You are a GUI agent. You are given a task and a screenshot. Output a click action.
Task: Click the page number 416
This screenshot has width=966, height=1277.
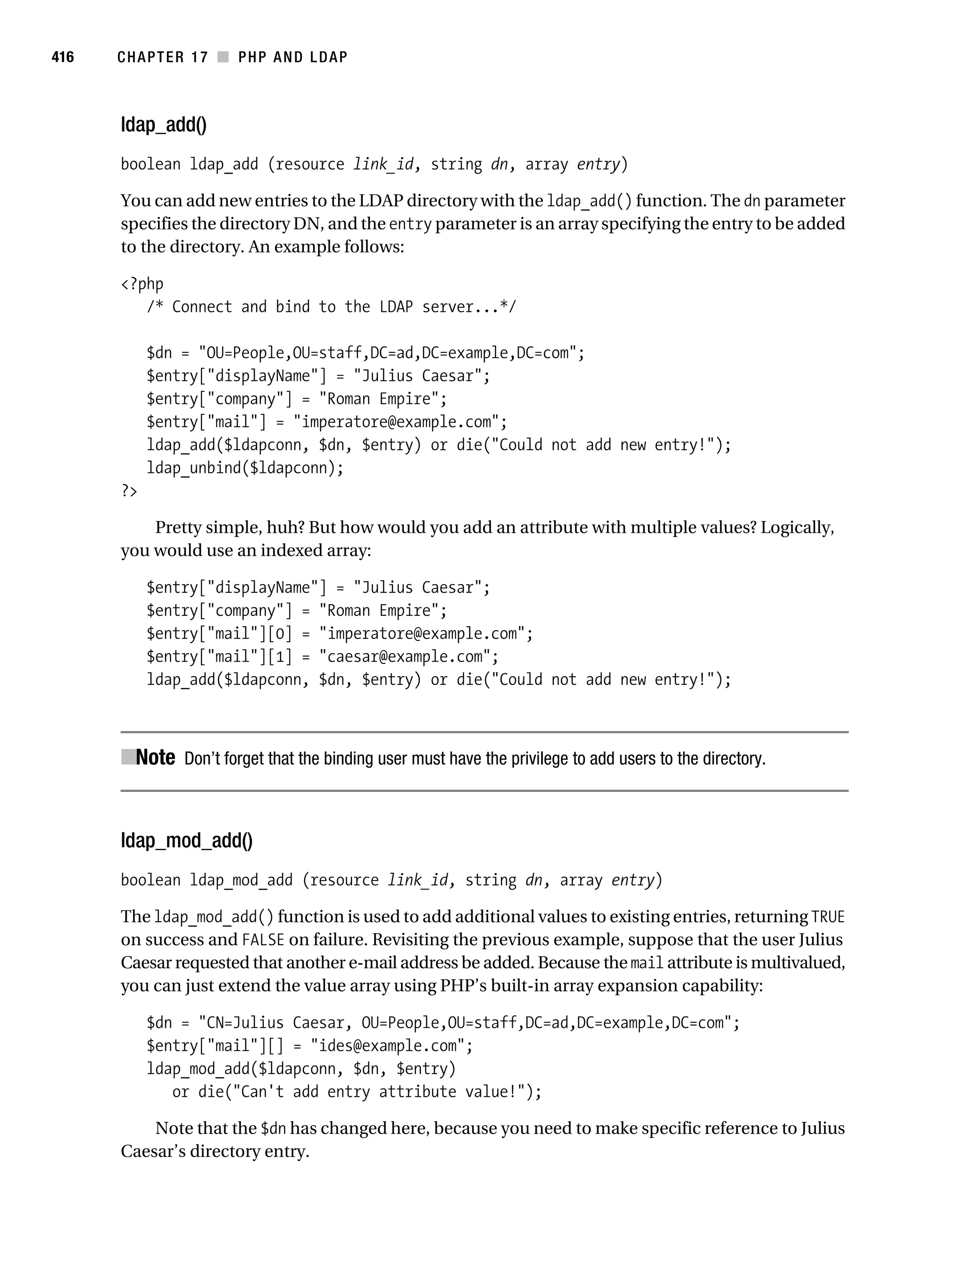[x=63, y=57]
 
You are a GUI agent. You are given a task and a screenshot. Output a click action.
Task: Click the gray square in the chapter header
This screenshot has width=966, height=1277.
[x=223, y=57]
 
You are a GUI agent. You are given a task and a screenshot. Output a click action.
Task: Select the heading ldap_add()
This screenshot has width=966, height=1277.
[x=163, y=125]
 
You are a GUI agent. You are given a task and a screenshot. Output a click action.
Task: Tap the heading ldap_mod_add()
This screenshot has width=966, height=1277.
[x=186, y=840]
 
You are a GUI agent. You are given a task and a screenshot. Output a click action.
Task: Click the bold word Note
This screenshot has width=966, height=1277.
[x=155, y=757]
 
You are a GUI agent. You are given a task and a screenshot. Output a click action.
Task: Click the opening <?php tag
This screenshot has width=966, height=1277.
[x=142, y=284]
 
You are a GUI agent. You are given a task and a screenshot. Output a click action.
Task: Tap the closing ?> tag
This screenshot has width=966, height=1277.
[x=129, y=491]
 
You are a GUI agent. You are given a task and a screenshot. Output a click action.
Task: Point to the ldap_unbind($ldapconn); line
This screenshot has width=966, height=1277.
[x=245, y=468]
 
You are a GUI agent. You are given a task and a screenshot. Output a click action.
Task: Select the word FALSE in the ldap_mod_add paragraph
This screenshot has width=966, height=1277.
[x=263, y=941]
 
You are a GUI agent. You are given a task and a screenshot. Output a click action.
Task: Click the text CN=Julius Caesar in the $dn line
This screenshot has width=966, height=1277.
[x=274, y=1023]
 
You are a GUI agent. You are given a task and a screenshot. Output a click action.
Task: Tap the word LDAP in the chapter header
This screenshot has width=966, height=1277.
[x=328, y=57]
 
